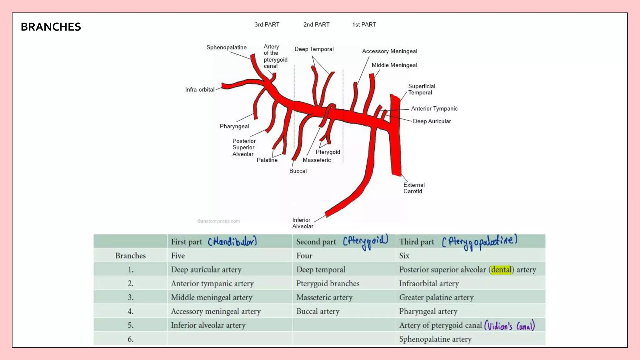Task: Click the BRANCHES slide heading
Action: [x=51, y=27]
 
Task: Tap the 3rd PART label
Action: [x=267, y=25]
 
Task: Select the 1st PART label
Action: [x=364, y=25]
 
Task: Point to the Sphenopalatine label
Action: [x=226, y=47]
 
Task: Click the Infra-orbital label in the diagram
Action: [x=200, y=90]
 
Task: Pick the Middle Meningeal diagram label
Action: [x=394, y=65]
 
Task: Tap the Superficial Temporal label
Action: [x=421, y=89]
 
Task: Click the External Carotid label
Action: [x=414, y=188]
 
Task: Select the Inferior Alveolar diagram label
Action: [x=302, y=223]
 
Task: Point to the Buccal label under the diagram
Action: [x=298, y=171]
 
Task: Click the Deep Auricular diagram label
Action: [x=432, y=121]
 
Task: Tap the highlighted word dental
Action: [x=501, y=270]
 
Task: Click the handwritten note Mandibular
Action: [x=232, y=242]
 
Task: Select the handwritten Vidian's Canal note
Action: [x=509, y=326]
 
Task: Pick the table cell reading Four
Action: [x=304, y=256]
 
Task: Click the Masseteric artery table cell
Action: [x=324, y=297]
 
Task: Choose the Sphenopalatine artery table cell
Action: [x=435, y=339]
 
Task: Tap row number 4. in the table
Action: [x=131, y=312]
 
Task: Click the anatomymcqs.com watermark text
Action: [x=218, y=221]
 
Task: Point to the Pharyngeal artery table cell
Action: [x=428, y=312]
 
